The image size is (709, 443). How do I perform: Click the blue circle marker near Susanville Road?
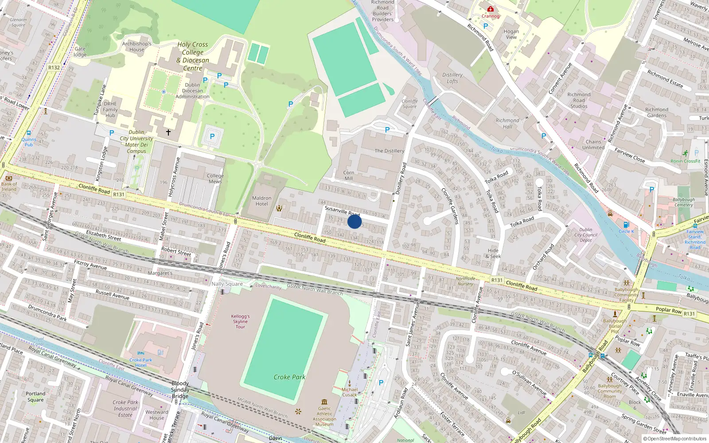pos(354,221)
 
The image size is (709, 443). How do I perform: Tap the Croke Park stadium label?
pos(289,377)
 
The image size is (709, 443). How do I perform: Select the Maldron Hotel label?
pos(262,201)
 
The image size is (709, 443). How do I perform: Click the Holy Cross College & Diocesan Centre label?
pos(193,56)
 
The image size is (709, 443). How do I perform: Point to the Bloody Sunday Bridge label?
pos(180,390)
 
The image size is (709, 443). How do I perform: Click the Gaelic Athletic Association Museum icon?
pos(324,402)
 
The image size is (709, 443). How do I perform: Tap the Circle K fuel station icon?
pos(626,225)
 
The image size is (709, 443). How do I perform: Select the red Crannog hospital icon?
pos(490,9)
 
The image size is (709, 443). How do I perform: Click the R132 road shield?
pos(54,67)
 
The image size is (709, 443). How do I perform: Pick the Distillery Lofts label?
pos(452,78)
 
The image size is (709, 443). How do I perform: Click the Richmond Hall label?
pos(507,123)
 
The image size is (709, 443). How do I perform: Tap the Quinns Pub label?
pos(29,142)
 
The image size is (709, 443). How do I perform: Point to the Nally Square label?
pos(227,284)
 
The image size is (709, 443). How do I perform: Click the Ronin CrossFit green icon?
pos(686,153)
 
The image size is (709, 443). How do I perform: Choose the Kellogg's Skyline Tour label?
pos(240,321)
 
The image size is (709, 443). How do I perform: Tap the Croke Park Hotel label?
pos(141,362)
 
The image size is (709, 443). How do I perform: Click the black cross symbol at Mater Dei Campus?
pos(168,132)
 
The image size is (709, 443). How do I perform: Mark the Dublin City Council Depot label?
pos(586,235)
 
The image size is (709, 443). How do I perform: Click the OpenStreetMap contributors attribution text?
pos(675,439)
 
